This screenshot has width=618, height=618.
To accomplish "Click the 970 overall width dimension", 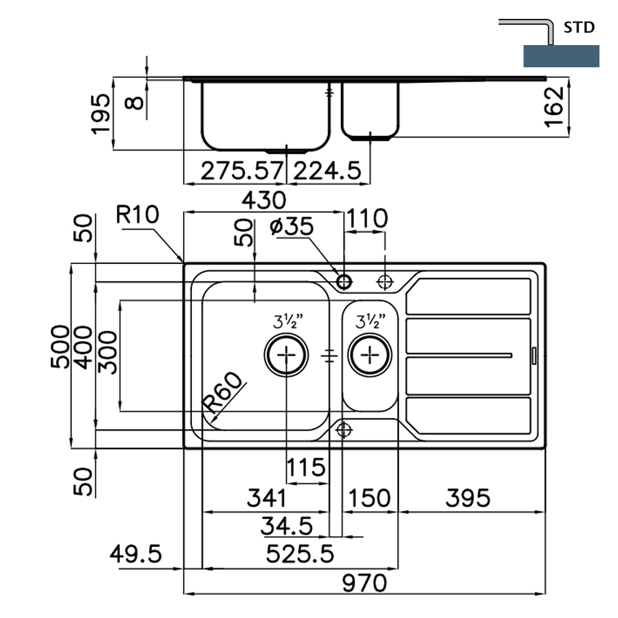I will [x=364, y=583].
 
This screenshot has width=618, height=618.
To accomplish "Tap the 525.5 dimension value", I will [x=300, y=555].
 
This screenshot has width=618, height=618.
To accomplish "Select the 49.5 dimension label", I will [x=135, y=555].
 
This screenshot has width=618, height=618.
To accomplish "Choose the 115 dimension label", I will [x=305, y=467].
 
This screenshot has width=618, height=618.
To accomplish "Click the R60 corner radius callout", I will [x=222, y=397].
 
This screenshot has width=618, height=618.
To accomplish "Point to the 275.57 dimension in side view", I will [x=241, y=171].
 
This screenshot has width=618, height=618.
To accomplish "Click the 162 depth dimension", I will [x=555, y=106].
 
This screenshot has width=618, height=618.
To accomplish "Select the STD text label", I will [x=579, y=28].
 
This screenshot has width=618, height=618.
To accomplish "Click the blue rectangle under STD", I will [x=561, y=56].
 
